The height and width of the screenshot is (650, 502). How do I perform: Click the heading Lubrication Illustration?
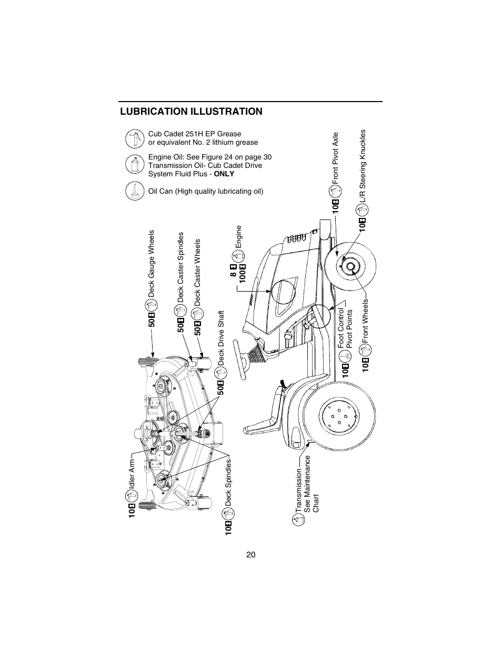pyautogui.click(x=191, y=112)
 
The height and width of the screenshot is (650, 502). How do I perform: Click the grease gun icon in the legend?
pyautogui.click(x=135, y=138)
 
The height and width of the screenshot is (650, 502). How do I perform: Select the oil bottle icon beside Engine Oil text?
pyautogui.click(x=135, y=164)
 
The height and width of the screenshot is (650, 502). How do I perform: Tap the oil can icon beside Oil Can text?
pyautogui.click(x=135, y=191)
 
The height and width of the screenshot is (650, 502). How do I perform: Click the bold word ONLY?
pyautogui.click(x=224, y=174)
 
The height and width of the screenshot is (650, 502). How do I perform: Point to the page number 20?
pyautogui.click(x=250, y=555)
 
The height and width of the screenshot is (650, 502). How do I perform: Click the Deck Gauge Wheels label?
pyautogui.click(x=152, y=263)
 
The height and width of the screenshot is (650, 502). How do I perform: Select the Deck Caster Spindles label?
pyautogui.click(x=181, y=267)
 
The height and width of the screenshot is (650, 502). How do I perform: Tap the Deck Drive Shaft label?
pyautogui.click(x=222, y=337)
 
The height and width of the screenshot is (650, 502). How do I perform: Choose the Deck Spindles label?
pyautogui.click(x=229, y=481)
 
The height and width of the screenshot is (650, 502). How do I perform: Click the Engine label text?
pyautogui.click(x=238, y=237)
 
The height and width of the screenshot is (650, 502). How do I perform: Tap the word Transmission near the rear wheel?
pyautogui.click(x=299, y=489)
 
